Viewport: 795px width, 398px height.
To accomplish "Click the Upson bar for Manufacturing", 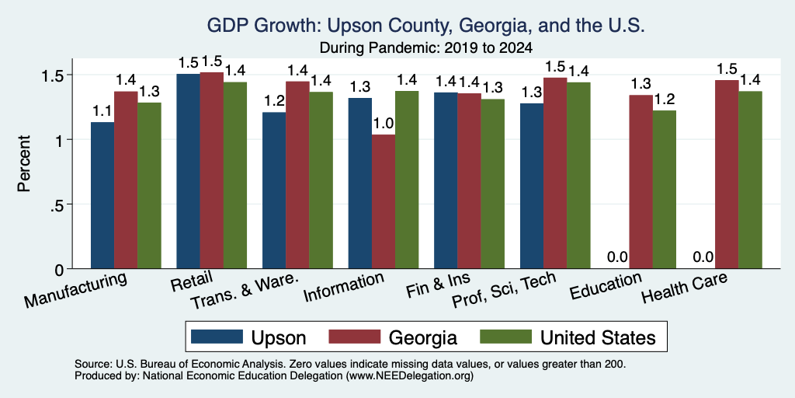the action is click(x=102, y=195).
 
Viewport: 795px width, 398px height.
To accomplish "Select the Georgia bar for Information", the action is click(x=384, y=201).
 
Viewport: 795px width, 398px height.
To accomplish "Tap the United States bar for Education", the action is click(x=665, y=190).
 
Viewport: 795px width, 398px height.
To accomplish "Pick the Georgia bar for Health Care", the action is click(x=727, y=174).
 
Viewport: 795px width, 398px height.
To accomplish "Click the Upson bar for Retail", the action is click(x=188, y=171).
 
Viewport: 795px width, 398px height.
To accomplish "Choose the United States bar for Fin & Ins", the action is click(x=492, y=183).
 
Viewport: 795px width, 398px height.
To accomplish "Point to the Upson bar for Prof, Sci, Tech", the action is click(x=531, y=186).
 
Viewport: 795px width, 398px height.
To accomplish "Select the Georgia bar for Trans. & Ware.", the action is click(x=297, y=175).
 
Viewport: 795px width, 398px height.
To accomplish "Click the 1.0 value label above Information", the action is click(x=384, y=124).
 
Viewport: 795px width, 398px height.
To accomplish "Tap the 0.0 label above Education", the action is click(x=617, y=257).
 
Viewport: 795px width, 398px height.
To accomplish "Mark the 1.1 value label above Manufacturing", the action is click(x=102, y=110).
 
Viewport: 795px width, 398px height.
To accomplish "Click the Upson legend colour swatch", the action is click(x=216, y=337).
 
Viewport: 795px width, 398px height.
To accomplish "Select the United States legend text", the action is click(x=598, y=337).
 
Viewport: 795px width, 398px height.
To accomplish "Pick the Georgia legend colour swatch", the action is click(x=354, y=337).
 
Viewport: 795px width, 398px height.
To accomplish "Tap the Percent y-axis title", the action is click(x=24, y=163).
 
